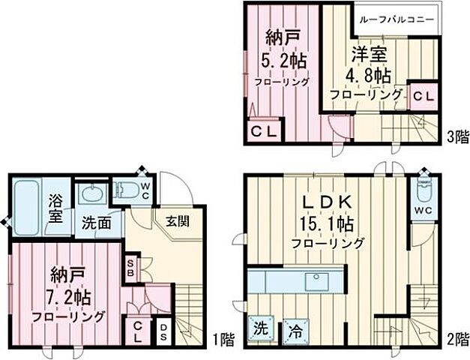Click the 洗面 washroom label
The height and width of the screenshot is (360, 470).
pos(97,223)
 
